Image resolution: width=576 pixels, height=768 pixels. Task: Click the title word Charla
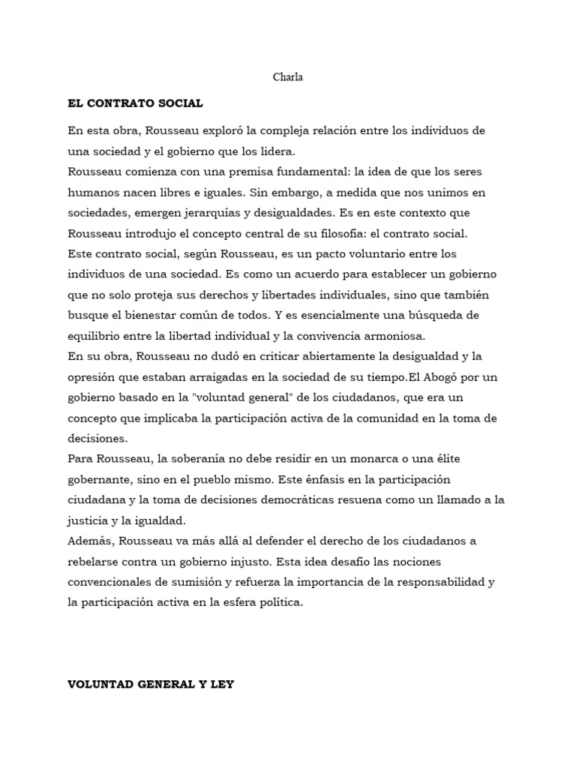[288, 77]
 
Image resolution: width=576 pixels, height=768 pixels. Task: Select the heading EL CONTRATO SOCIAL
[135, 103]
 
